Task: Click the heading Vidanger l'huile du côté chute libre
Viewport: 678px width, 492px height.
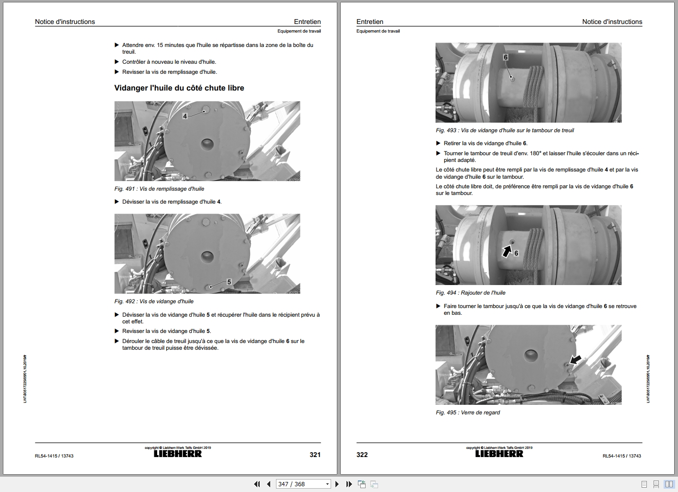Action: point(179,88)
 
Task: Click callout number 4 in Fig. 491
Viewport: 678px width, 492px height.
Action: point(185,116)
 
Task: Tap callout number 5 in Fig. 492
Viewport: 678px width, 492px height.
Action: point(229,282)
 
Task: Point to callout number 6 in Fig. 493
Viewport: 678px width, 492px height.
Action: point(505,57)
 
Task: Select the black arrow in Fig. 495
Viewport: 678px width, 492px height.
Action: point(575,360)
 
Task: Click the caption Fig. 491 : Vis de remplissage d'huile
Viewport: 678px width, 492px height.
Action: point(159,189)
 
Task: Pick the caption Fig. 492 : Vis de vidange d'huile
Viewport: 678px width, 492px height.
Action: point(154,301)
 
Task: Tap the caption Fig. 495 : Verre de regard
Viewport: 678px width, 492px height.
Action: point(468,412)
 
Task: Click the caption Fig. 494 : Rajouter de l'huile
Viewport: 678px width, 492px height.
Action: point(471,293)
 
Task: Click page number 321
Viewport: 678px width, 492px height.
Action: point(315,455)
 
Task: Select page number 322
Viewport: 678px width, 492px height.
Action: point(362,455)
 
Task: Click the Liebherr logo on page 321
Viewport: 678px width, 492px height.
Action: point(178,454)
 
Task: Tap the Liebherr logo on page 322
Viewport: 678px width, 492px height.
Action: point(499,454)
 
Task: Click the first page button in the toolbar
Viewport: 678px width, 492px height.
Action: point(257,484)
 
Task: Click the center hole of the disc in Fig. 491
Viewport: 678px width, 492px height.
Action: point(207,144)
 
